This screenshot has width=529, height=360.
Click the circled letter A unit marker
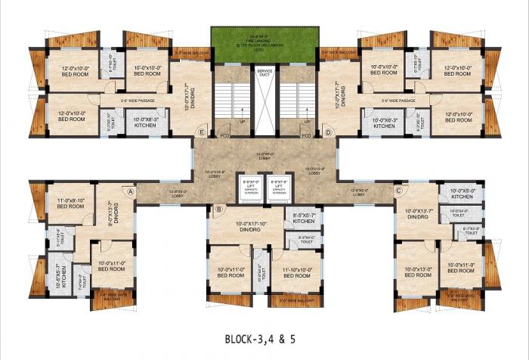click(x=131, y=192)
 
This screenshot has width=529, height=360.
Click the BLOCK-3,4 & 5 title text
click(x=264, y=340)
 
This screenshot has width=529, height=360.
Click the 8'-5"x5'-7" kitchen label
click(x=304, y=218)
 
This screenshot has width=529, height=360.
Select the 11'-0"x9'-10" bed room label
click(x=70, y=203)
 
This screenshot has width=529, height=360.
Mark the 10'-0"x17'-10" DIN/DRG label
click(x=249, y=227)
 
